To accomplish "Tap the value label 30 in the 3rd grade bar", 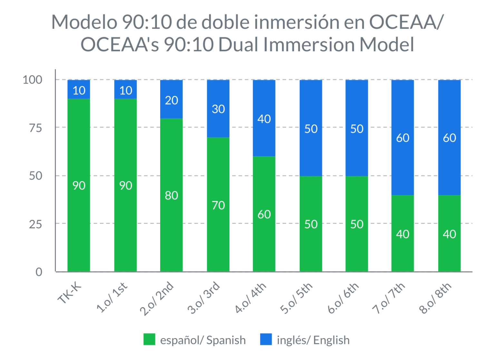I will (x=218, y=109).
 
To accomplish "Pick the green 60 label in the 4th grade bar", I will (x=264, y=214).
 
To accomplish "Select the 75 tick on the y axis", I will (x=35, y=128).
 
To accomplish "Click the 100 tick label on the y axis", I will (x=33, y=80).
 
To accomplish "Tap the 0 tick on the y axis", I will (x=39, y=272).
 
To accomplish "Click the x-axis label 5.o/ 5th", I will (x=296, y=298).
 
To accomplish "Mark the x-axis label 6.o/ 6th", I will (x=343, y=298).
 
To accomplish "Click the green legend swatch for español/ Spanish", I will (x=149, y=339).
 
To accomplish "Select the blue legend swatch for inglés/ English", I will (x=266, y=339).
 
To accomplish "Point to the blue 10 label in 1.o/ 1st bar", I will (x=126, y=90).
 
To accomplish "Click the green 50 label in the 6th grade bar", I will (x=357, y=224).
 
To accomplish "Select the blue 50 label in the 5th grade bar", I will (x=311, y=129).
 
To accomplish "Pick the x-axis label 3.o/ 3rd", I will (x=204, y=298).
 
